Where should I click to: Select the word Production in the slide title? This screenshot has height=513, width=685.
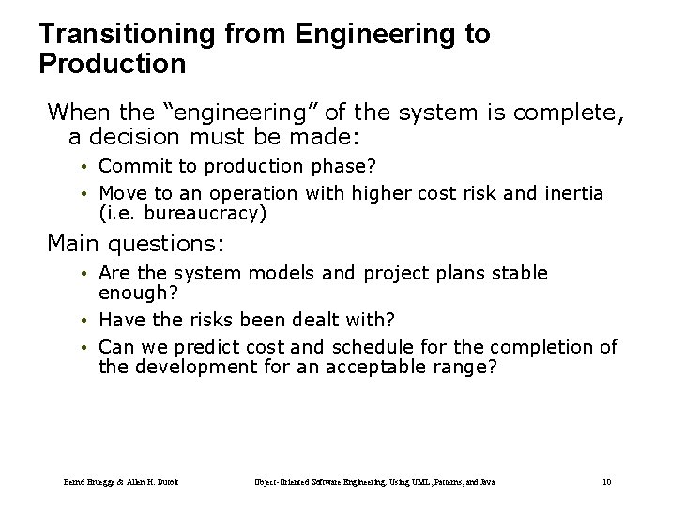(113, 65)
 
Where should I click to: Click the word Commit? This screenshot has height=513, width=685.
(129, 167)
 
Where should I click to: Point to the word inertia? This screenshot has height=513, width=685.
(572, 193)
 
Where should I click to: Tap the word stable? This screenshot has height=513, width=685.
(518, 273)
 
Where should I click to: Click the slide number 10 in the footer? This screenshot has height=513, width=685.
(606, 482)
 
